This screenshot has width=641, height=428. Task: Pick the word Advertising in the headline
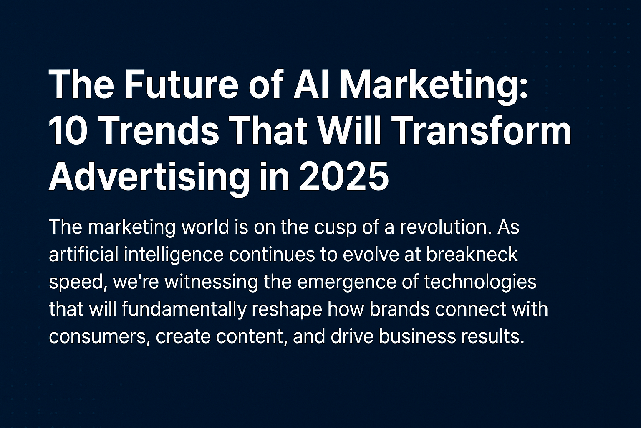[x=148, y=176]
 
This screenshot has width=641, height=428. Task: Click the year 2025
[x=344, y=176]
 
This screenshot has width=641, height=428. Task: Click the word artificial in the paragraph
[x=83, y=254]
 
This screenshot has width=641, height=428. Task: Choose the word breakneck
[x=472, y=254]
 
